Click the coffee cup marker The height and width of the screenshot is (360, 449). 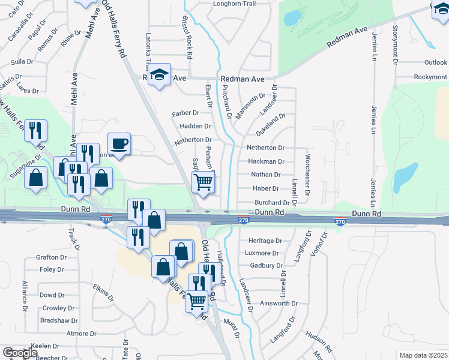point(118,144)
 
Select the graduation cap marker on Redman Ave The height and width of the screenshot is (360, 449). point(159,75)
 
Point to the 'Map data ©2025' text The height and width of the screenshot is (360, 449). point(424,355)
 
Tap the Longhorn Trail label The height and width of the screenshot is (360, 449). point(235,4)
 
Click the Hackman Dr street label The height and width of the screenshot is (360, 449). point(266,161)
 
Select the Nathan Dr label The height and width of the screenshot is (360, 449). point(266,175)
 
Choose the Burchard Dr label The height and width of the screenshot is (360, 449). point(272,203)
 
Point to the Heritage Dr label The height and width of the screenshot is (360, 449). point(265,241)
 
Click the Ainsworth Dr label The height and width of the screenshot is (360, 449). point(279,304)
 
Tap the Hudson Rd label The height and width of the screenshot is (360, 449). point(319,340)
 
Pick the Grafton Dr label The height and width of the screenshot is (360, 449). point(50,257)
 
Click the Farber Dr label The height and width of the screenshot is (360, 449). point(185,113)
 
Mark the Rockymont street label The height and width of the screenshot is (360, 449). point(430,77)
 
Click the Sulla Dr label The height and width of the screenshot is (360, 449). point(22,62)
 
